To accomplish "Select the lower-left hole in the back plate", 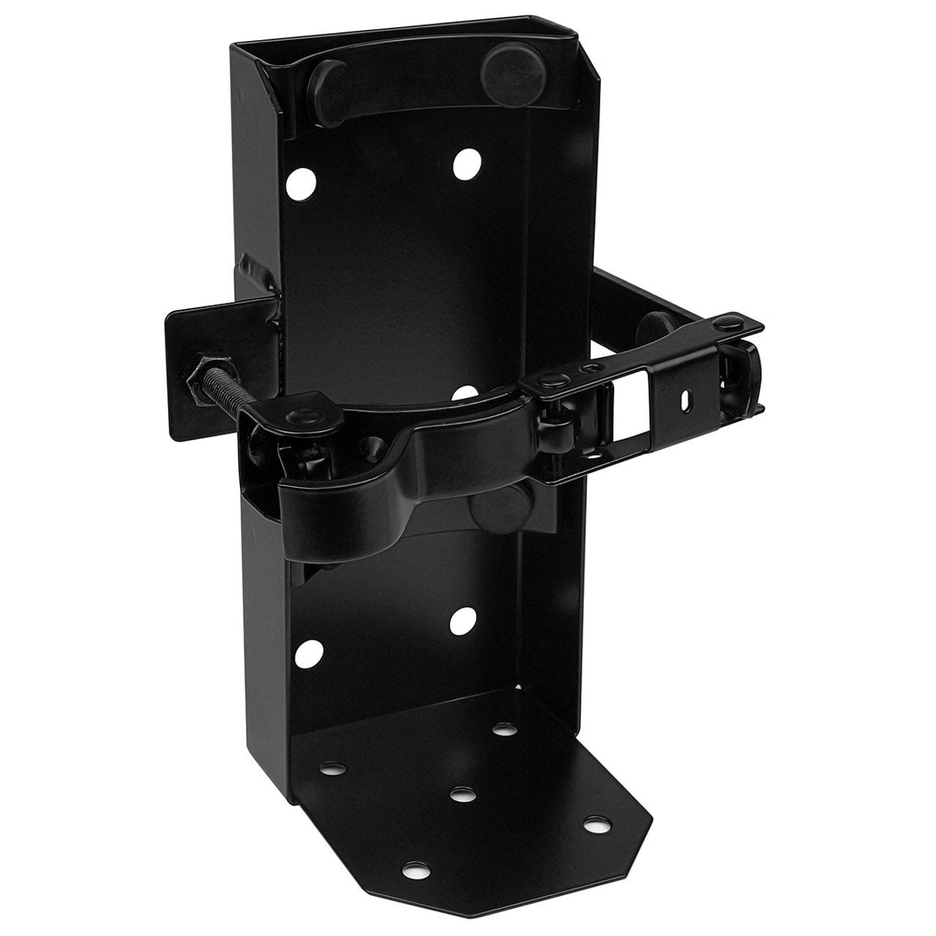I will point(310,649).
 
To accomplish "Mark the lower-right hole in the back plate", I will point(460,621).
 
